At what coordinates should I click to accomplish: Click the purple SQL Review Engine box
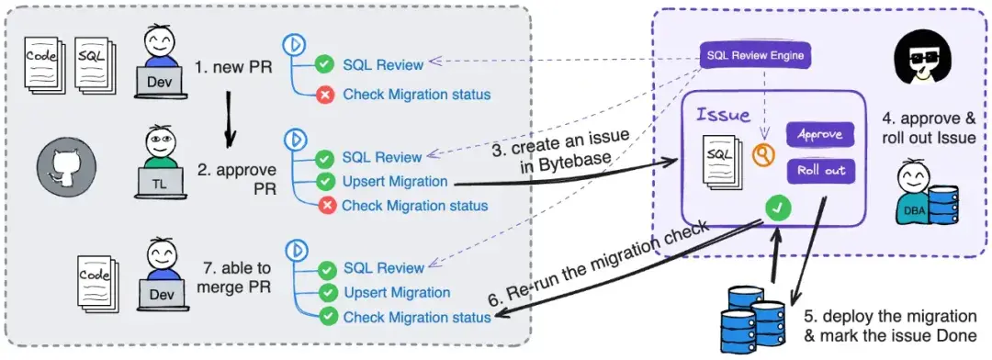tap(755, 56)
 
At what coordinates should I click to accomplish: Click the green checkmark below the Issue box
tap(777, 209)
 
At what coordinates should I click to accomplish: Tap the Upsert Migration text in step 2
tap(395, 182)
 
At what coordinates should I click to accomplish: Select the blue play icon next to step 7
tap(296, 249)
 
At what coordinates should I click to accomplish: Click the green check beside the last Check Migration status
tap(327, 317)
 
